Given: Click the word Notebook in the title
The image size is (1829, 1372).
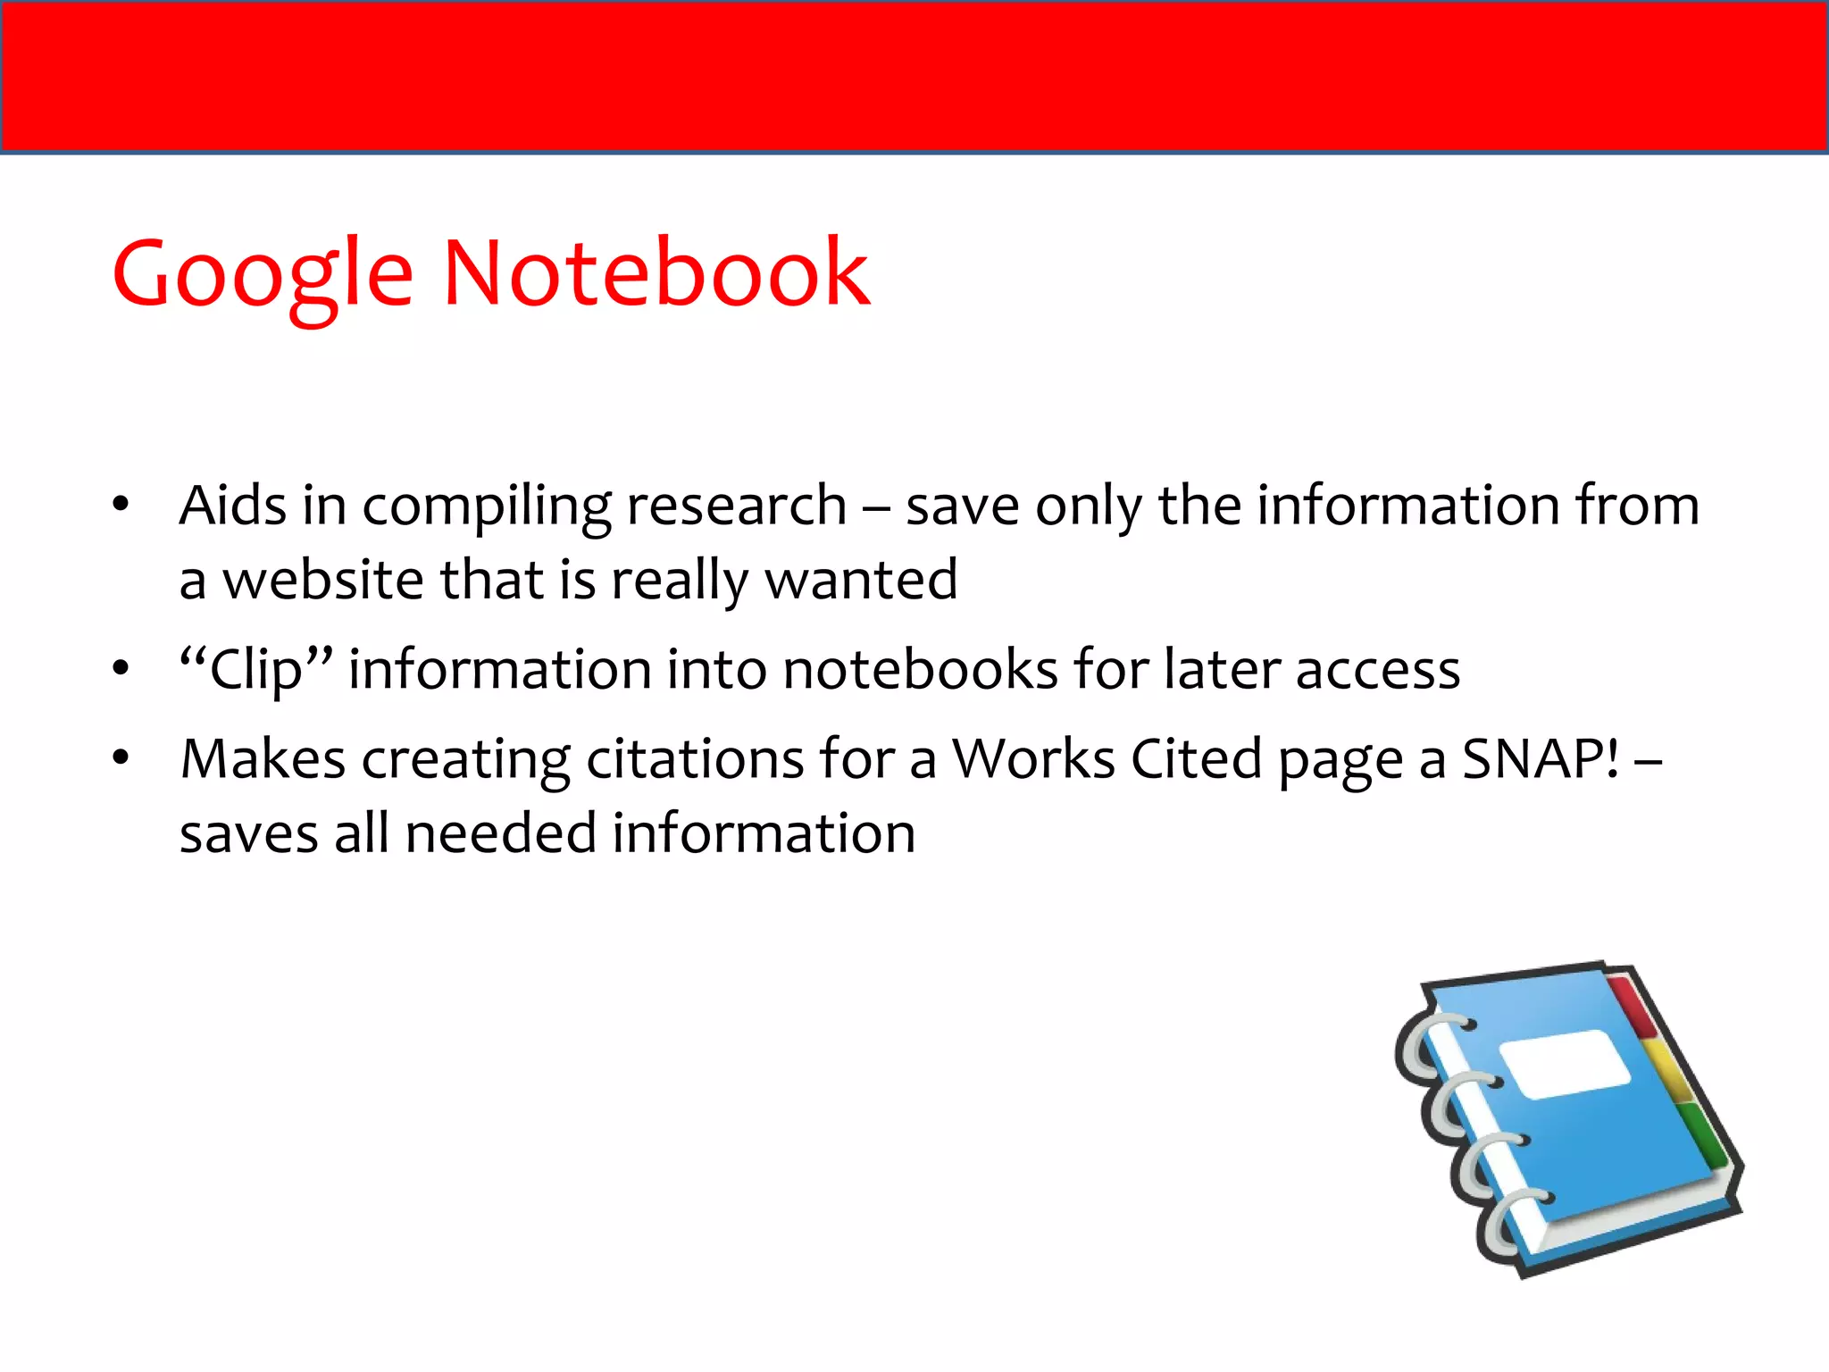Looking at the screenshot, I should point(656,273).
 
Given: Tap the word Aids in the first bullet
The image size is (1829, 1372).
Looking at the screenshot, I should point(232,506).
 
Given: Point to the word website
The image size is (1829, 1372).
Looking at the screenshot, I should point(323,580).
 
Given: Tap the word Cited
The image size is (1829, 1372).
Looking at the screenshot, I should point(1197,760).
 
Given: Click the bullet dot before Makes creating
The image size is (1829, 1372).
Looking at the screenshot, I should point(121,758).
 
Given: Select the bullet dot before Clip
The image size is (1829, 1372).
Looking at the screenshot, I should point(121,668).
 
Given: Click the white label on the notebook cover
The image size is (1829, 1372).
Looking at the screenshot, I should point(1565,1063).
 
